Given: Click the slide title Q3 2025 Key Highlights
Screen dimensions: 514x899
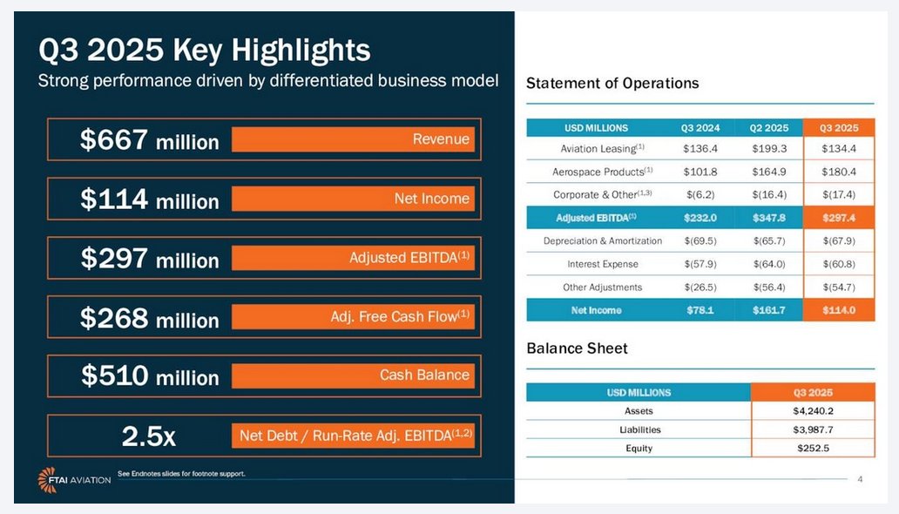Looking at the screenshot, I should [x=205, y=50].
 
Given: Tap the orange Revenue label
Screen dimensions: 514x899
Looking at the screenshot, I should [x=353, y=139].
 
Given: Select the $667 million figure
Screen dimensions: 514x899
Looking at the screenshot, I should [x=149, y=140].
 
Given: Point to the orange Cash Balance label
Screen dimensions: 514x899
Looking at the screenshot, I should [x=353, y=375].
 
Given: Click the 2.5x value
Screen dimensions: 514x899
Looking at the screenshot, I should [x=149, y=436].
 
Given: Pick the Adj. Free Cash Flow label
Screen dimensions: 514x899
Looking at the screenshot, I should [x=353, y=317].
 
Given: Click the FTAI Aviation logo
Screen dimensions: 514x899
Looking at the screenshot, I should [x=74, y=480].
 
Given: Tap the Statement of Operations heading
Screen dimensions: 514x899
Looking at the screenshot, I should [x=612, y=84].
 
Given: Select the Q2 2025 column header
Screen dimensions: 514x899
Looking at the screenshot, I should [x=768, y=128].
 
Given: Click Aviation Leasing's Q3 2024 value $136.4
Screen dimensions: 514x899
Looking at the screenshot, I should [x=700, y=149].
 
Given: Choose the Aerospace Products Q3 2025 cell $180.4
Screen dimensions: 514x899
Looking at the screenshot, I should [x=838, y=172].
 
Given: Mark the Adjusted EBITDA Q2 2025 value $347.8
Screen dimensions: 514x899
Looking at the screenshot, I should [x=768, y=218].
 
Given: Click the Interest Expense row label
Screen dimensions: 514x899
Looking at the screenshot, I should [x=603, y=264].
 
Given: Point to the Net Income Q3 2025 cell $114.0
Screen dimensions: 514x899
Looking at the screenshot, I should [x=838, y=310].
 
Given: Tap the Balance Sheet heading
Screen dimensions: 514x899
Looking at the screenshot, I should [x=577, y=348].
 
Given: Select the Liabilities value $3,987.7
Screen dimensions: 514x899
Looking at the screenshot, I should [x=812, y=429].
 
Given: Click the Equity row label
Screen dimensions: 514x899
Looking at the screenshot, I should [x=639, y=449].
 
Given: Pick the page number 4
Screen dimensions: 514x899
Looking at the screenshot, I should [x=860, y=479].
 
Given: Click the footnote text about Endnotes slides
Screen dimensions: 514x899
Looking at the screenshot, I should [x=181, y=474].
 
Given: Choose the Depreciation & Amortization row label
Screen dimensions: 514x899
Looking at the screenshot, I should [x=603, y=241].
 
